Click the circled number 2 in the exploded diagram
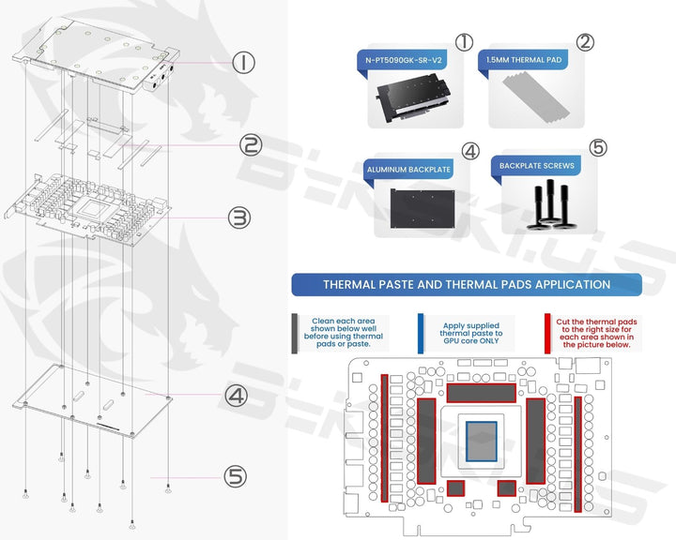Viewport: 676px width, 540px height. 250,145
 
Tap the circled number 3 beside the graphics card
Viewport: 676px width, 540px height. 239,217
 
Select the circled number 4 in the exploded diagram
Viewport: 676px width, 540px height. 236,396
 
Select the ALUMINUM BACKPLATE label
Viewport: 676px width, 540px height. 409,170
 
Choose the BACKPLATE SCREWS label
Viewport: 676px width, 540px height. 538,166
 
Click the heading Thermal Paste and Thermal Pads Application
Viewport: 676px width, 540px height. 467,284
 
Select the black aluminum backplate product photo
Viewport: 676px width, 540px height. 422,205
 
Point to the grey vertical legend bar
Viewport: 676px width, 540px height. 296,332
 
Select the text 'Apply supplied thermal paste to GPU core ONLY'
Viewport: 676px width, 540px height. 471,332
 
